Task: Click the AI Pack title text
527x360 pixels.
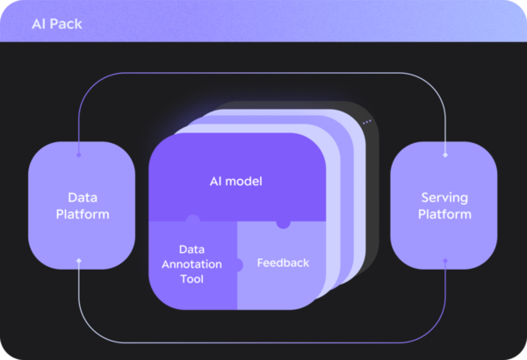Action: pyautogui.click(x=56, y=24)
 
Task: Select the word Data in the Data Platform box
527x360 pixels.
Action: pyautogui.click(x=80, y=197)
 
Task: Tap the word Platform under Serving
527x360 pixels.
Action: pyautogui.click(x=444, y=214)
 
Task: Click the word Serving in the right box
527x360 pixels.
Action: pyautogui.click(x=444, y=197)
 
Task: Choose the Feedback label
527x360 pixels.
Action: pyautogui.click(x=283, y=263)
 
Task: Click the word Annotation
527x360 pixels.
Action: pyautogui.click(x=191, y=264)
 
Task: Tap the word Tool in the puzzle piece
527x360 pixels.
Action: pyautogui.click(x=191, y=279)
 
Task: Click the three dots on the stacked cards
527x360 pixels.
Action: pyautogui.click(x=366, y=122)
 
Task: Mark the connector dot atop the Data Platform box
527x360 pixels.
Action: pyautogui.click(x=79, y=155)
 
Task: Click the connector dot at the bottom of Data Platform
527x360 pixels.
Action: pyautogui.click(x=79, y=260)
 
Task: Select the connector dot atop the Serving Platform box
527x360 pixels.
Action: pyautogui.click(x=445, y=155)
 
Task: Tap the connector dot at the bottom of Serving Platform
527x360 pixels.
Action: pyautogui.click(x=445, y=260)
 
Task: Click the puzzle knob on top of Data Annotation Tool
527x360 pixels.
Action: pyautogui.click(x=192, y=219)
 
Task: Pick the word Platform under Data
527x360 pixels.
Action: pyautogui.click(x=80, y=214)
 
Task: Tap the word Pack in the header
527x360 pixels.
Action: pyautogui.click(x=67, y=24)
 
